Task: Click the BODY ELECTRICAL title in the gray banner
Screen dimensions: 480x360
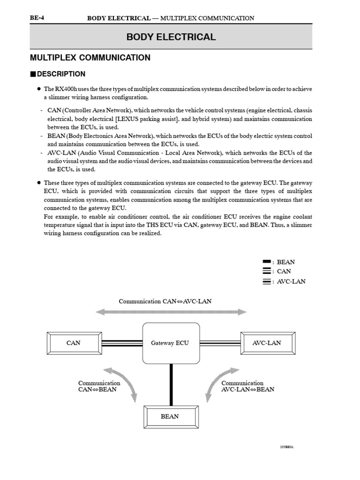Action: point(171,37)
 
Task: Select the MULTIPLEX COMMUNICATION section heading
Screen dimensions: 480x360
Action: point(90,58)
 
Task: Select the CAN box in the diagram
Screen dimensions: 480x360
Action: point(74,343)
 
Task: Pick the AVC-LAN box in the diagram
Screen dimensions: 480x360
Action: point(267,343)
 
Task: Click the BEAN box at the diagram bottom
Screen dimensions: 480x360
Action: point(170,416)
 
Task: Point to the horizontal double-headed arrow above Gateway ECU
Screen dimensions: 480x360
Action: point(171,312)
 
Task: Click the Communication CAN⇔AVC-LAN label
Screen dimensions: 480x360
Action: point(165,301)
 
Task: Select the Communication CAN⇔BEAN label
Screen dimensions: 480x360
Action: point(99,386)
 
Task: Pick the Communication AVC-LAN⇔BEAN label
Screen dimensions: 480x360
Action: point(247,386)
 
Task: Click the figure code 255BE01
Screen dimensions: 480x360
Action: point(286,447)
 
